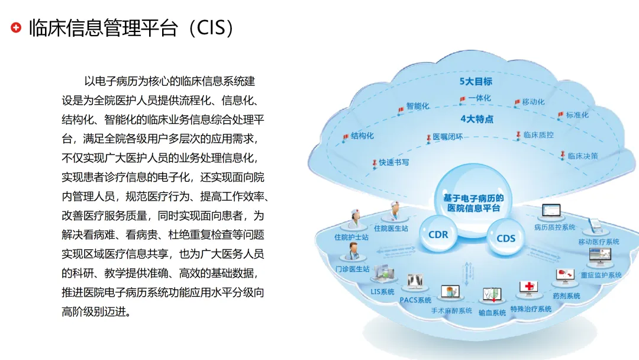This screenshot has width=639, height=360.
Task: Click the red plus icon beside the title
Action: (x=16, y=28)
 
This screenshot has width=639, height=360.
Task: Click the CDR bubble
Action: (x=438, y=234)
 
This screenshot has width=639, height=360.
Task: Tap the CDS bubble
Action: (x=506, y=238)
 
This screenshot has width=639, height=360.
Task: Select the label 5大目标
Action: (x=476, y=81)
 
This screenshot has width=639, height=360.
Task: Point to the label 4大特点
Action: (x=476, y=119)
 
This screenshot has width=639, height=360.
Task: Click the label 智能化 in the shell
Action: (x=418, y=107)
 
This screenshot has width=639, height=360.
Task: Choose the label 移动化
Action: (x=533, y=102)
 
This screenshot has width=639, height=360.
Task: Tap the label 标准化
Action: (x=577, y=115)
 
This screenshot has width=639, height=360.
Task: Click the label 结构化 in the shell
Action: (x=363, y=136)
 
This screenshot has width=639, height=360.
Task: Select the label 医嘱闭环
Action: (x=447, y=137)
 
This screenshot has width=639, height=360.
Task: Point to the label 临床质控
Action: (x=538, y=135)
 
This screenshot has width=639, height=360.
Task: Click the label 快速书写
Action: (x=394, y=162)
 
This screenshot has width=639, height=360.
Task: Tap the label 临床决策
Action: (x=583, y=156)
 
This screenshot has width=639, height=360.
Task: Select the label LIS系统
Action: (x=382, y=292)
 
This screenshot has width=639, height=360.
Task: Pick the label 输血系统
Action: (x=492, y=312)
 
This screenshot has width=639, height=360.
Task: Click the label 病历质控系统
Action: (x=554, y=227)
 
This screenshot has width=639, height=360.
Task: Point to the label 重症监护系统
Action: (x=601, y=275)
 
